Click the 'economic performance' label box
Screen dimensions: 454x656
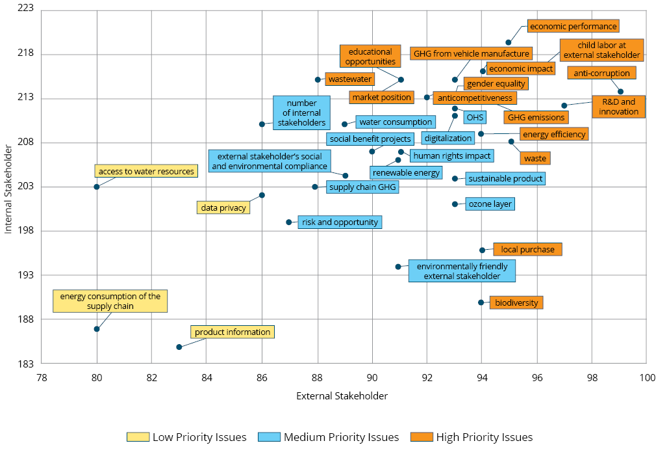point(573,26)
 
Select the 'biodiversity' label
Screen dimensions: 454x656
point(516,302)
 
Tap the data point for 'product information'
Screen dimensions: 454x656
point(179,347)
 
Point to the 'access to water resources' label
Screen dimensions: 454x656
point(146,172)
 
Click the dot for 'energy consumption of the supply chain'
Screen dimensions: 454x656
point(97,329)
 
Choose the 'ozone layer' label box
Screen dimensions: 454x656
point(490,204)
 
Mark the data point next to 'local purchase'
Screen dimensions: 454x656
point(482,250)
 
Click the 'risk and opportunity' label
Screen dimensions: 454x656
point(340,222)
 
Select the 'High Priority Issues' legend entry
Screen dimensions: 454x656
point(484,437)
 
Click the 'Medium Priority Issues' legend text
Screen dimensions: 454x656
point(341,437)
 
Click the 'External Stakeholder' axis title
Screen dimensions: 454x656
point(342,395)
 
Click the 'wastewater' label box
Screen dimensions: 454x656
point(350,79)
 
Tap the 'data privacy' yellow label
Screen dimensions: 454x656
point(223,208)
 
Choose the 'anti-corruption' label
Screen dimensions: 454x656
point(601,73)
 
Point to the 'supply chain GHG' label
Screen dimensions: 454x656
point(362,187)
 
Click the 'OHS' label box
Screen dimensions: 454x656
point(475,118)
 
